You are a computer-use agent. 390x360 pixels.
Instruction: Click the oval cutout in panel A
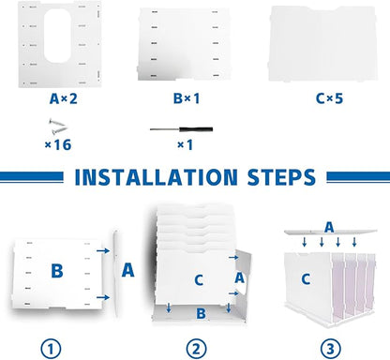(57, 36)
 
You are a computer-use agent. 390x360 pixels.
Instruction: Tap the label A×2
(64, 98)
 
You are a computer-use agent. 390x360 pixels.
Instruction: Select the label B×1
(187, 98)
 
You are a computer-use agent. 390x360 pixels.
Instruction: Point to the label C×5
(329, 98)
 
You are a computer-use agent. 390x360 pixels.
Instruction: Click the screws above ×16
(58, 127)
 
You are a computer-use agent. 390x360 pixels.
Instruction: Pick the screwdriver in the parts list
(181, 129)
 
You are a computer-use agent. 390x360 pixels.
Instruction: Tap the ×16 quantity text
(58, 145)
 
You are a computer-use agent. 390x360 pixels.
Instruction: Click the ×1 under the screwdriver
(185, 145)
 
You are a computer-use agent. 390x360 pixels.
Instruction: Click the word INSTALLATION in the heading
(156, 177)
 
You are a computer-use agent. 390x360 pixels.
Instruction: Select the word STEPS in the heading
(281, 177)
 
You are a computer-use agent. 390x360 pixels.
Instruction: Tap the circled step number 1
(51, 349)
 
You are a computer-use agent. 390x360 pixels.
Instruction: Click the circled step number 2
(196, 349)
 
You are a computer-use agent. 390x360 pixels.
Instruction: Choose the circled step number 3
(331, 349)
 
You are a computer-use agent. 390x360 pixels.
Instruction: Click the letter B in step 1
(57, 271)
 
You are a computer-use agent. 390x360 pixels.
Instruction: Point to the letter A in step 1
(127, 270)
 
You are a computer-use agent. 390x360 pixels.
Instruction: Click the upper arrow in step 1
(103, 250)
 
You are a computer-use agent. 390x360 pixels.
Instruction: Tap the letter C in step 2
(199, 280)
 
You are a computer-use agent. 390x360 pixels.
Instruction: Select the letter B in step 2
(201, 313)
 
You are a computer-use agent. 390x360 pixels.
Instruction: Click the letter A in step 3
(329, 227)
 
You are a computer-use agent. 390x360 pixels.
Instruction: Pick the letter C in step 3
(306, 278)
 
